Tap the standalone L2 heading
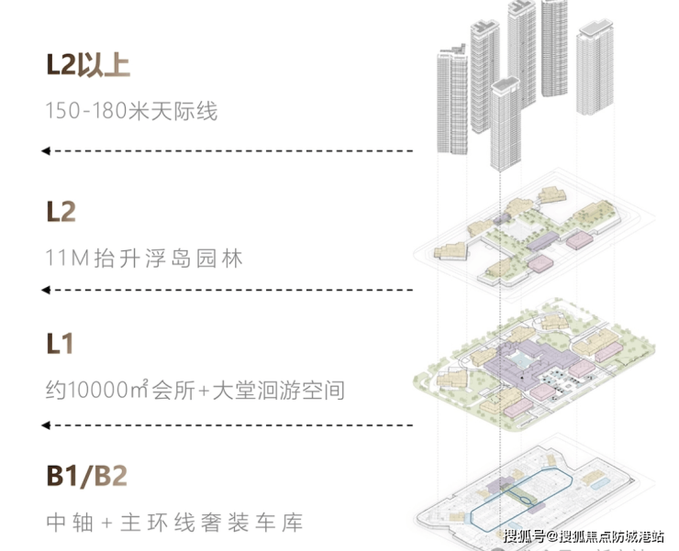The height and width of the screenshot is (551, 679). click(x=61, y=213)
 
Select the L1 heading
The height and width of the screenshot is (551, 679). click(x=60, y=345)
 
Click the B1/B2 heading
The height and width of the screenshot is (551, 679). click(x=86, y=477)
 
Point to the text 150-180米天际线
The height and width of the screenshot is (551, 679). click(x=131, y=112)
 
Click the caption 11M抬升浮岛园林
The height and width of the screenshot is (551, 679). click(x=144, y=259)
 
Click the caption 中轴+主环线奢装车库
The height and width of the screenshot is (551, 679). click(x=174, y=523)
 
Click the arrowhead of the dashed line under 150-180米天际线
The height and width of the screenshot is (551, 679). click(x=45, y=150)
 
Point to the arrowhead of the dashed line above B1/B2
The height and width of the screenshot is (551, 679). click(x=45, y=424)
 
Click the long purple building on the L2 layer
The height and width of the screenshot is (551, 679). click(x=541, y=240)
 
